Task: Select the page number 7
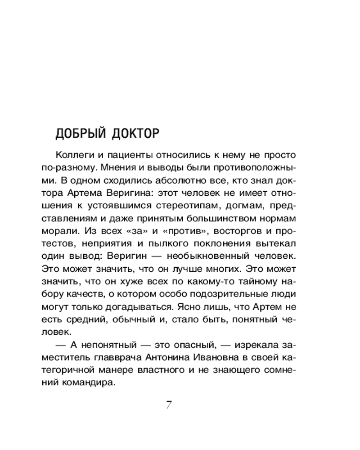point(169,404)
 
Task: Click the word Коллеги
point(73,155)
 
